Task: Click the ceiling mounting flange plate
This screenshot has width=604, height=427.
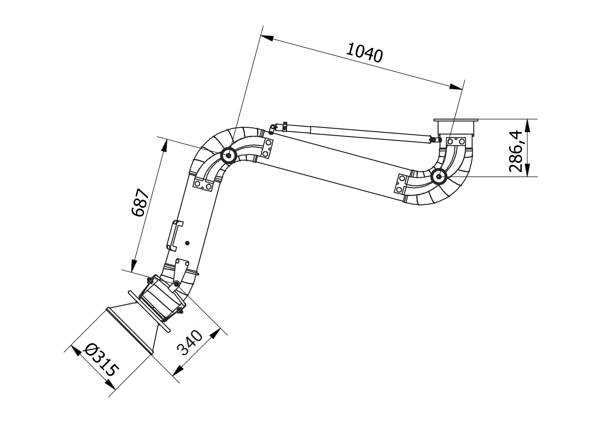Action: [456, 120]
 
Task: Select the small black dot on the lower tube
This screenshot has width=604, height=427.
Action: [187, 243]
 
